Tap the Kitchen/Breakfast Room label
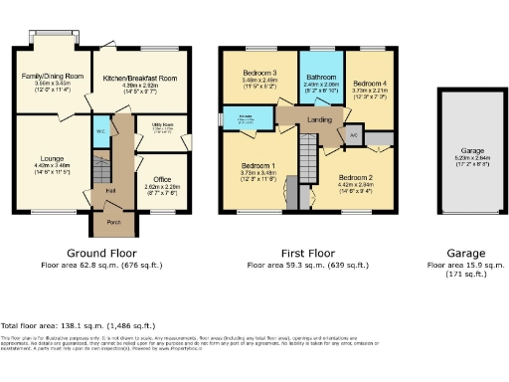tap(148, 77)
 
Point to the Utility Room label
tap(162, 125)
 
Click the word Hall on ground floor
tap(111, 190)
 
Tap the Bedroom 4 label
tap(370, 84)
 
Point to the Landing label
tap(320, 120)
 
